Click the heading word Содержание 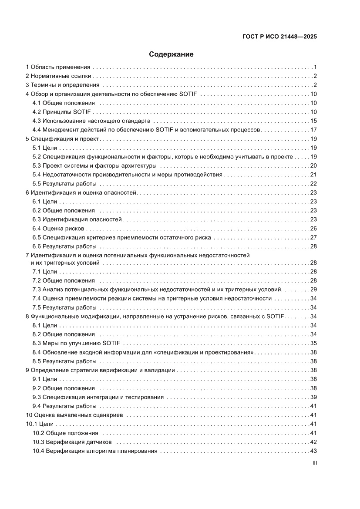coord(171,54)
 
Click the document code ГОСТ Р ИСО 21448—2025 coord(279,37)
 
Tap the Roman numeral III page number coord(314,463)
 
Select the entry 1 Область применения coord(58,67)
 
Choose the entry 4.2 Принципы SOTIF coord(61,112)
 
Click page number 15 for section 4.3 coord(313,121)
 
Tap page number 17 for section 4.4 coord(313,130)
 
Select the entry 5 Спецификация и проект coord(63,139)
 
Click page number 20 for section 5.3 coord(313,165)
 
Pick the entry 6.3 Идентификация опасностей coord(77,219)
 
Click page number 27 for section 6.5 coord(313,237)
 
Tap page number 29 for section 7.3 coord(313,290)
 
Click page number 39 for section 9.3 coord(313,397)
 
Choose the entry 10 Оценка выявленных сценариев coord(74,415)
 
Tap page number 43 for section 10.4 coord(313,451)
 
